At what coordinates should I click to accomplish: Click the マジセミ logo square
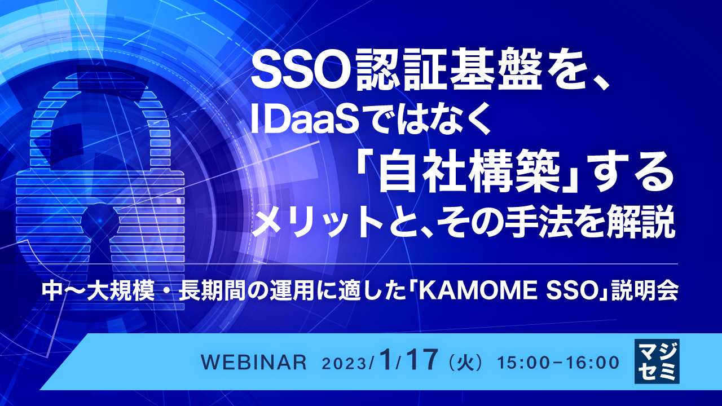[657, 361]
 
